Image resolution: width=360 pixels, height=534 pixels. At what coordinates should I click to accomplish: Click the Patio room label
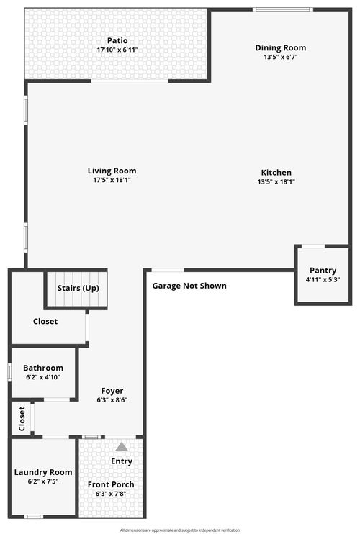(117, 41)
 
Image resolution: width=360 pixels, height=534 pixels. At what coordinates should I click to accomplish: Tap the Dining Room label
(281, 48)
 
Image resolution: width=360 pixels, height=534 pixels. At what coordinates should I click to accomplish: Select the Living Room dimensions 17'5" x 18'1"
(112, 180)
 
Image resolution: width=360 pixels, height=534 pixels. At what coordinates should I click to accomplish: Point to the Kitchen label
(276, 172)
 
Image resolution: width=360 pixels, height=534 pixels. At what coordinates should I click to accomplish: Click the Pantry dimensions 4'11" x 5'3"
(323, 280)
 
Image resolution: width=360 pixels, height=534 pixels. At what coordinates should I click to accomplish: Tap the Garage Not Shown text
(189, 286)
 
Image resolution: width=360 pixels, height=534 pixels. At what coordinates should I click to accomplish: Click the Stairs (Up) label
(78, 288)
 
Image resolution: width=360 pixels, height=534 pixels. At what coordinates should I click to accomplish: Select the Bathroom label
(43, 368)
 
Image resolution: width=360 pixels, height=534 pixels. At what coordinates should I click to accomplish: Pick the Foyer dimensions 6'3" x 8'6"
(112, 400)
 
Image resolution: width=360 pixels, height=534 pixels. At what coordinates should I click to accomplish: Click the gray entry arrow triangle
(122, 447)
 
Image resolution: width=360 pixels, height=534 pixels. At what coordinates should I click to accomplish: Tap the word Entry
(122, 461)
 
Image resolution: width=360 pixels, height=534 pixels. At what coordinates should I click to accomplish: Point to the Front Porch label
(111, 484)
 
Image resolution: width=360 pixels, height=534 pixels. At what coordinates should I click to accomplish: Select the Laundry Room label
(43, 472)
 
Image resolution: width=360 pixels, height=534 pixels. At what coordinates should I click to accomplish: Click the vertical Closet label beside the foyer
(22, 419)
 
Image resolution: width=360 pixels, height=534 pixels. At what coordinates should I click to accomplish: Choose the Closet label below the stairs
(45, 321)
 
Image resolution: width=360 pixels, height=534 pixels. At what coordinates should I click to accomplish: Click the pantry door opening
(313, 246)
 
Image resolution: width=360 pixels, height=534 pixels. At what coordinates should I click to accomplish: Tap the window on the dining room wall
(283, 9)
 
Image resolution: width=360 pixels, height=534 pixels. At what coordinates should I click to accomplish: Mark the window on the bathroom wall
(9, 372)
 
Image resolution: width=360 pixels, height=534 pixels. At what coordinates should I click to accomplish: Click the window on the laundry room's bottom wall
(34, 517)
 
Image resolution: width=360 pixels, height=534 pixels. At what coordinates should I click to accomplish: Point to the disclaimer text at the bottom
(180, 530)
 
